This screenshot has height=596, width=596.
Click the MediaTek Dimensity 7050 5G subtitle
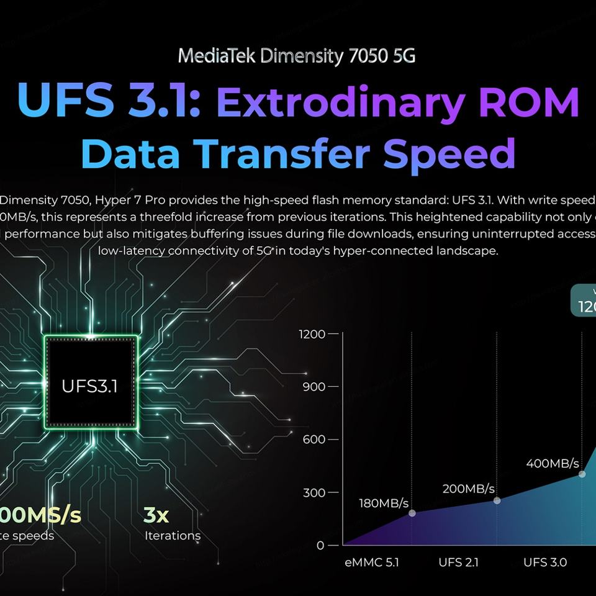pos(297,56)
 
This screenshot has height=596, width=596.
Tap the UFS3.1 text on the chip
pos(89,386)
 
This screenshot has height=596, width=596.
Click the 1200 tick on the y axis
pos(312,334)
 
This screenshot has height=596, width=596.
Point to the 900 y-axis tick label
pos(315,387)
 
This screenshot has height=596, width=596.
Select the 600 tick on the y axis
pos(315,440)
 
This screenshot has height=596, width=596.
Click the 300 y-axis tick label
pos(315,492)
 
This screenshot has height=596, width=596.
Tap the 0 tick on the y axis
pos(320,545)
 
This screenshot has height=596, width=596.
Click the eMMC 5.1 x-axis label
pos(372,562)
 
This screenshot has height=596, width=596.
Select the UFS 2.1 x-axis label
pos(458,562)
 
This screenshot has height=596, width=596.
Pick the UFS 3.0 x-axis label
pos(544,562)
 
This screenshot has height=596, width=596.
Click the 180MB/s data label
pos(384,502)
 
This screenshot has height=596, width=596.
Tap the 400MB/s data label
pos(552,463)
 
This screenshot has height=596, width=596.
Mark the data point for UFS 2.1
pos(497,500)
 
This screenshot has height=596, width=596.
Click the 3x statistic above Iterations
pos(157,515)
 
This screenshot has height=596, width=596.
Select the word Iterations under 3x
pos(173,536)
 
